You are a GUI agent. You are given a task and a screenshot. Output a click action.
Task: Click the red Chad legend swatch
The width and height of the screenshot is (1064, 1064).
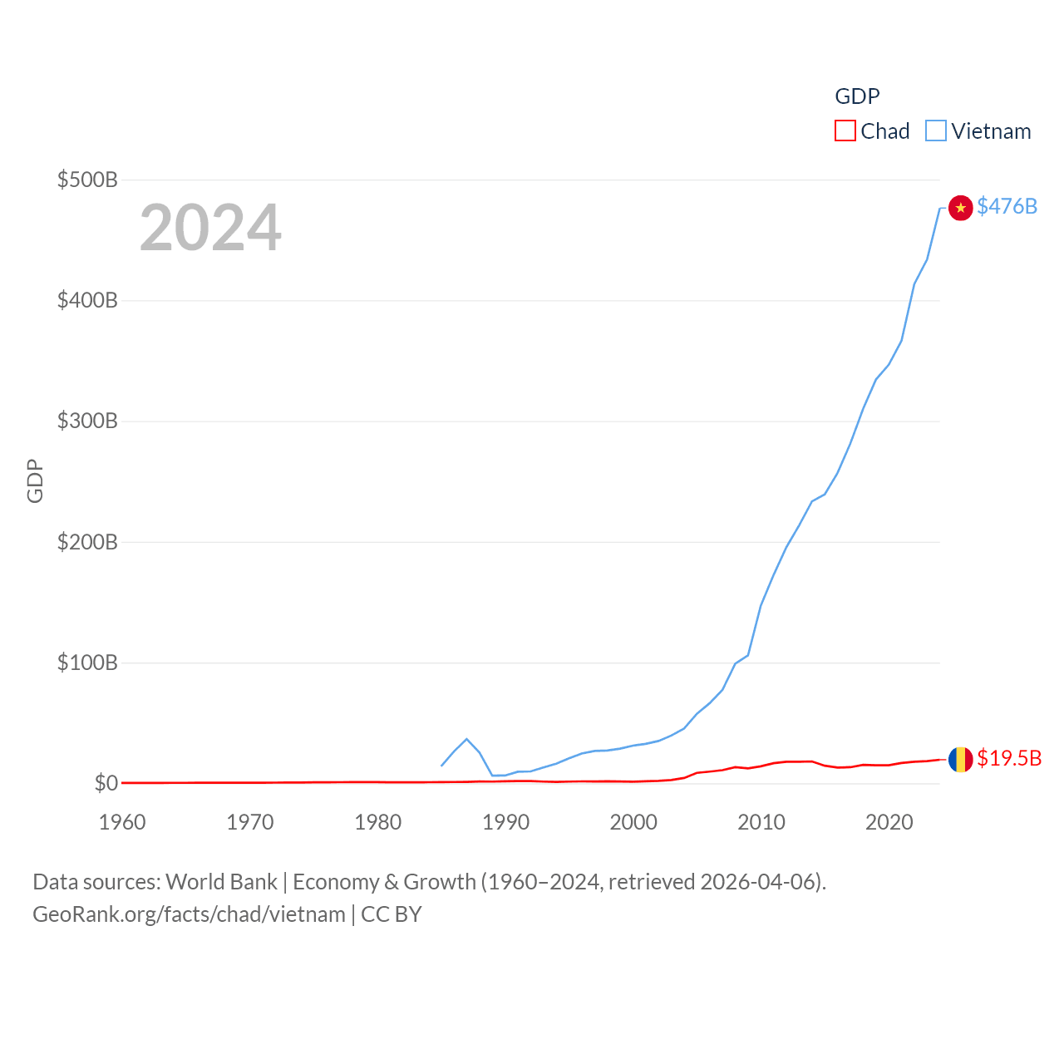(x=845, y=131)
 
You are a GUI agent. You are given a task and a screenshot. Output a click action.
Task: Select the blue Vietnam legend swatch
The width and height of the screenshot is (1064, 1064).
(x=936, y=131)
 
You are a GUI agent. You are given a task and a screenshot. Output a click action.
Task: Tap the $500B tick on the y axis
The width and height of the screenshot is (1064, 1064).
(x=87, y=180)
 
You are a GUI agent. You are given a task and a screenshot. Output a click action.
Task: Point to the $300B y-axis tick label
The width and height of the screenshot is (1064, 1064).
(x=87, y=421)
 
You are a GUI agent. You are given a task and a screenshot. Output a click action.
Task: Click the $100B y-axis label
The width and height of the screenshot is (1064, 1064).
(x=87, y=663)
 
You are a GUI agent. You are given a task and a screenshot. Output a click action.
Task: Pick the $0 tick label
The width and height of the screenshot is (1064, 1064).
(x=106, y=783)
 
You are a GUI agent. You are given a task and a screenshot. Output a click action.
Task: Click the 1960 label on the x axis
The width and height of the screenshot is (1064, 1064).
(x=122, y=822)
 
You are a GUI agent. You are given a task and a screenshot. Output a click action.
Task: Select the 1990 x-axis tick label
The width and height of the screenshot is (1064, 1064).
(x=505, y=822)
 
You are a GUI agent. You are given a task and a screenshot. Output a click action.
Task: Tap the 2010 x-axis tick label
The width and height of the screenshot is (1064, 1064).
(x=761, y=822)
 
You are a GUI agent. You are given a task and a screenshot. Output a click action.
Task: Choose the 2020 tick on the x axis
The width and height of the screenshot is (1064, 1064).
(x=889, y=822)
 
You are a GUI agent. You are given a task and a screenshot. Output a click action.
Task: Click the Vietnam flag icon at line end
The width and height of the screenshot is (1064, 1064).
(x=960, y=208)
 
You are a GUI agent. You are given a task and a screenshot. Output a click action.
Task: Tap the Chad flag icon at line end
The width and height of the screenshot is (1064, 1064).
(x=960, y=759)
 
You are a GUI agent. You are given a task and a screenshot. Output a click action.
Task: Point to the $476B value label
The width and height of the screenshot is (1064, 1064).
(x=1007, y=206)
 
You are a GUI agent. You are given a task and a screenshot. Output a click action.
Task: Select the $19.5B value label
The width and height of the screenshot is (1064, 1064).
(x=1009, y=758)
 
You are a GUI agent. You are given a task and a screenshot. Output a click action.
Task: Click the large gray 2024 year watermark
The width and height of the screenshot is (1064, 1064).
(x=210, y=228)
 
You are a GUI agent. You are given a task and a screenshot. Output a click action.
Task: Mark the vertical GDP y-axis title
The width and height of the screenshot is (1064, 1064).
(x=35, y=480)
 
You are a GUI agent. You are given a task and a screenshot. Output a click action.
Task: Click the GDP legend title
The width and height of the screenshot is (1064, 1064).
(x=857, y=96)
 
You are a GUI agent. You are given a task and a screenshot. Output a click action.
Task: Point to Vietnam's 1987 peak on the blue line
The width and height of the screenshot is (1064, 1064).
(x=466, y=739)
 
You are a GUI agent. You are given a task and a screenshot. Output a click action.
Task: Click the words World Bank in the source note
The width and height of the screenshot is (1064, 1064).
(x=221, y=882)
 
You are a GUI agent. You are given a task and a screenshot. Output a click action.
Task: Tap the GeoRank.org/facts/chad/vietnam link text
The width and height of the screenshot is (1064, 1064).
(x=189, y=914)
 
